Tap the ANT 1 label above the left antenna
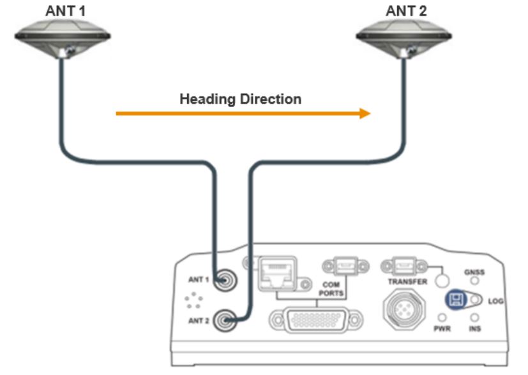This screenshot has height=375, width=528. point(65,10)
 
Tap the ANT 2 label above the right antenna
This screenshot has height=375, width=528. point(406,10)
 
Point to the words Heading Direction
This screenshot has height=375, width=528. point(240,99)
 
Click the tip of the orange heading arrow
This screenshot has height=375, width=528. point(368,114)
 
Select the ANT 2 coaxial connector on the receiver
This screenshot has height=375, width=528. point(223,320)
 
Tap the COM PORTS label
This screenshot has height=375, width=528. point(333,288)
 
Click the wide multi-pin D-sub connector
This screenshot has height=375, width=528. point(311,318)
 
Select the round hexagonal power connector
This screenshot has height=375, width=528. point(403,311)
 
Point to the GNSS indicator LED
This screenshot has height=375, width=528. point(475,281)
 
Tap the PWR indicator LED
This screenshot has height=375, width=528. point(441,318)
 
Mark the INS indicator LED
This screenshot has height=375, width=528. point(475,318)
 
